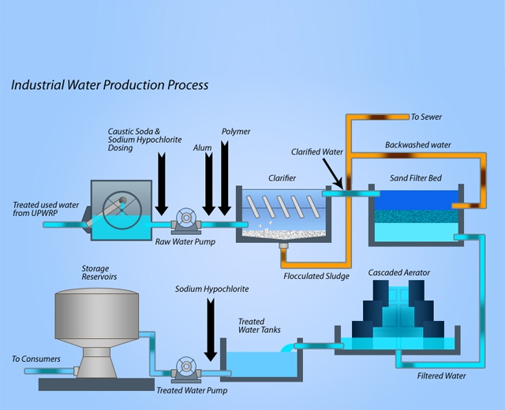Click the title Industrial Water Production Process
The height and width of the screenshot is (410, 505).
(x=110, y=84)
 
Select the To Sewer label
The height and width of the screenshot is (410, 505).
(x=426, y=117)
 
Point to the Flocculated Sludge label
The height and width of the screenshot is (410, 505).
(x=316, y=276)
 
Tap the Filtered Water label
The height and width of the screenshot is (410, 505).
(x=441, y=376)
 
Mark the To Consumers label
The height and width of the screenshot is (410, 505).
(x=36, y=359)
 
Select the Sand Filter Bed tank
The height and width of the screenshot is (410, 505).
(x=414, y=218)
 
